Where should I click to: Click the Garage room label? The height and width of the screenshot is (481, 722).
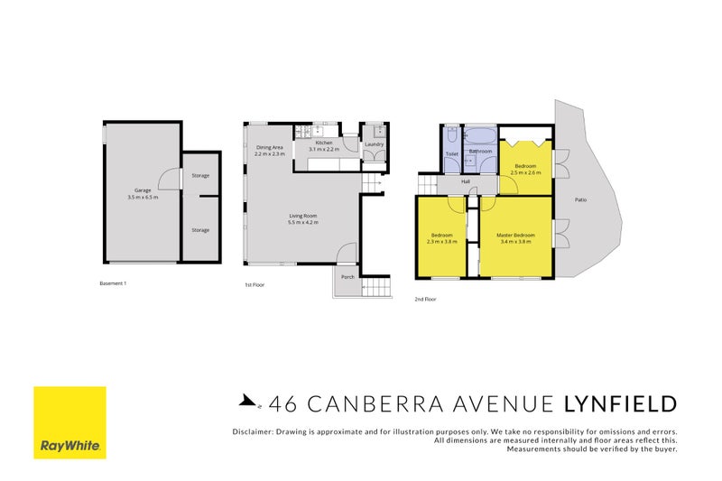point(143,190)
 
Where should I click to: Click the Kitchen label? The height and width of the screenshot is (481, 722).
point(324,143)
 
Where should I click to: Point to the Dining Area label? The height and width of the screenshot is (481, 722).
point(269,147)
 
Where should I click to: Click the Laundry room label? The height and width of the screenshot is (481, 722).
point(375,144)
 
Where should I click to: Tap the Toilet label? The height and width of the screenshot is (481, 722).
point(452,153)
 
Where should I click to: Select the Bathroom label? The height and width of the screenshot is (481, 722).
point(480,151)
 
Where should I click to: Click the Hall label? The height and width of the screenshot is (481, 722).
point(466,181)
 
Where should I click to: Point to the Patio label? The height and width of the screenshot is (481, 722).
point(584,201)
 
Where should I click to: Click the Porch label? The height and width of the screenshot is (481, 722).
point(347,278)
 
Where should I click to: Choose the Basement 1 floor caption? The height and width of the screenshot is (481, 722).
point(113,283)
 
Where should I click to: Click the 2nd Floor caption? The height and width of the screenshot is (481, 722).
point(425,298)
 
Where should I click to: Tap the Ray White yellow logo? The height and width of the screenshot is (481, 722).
point(69,422)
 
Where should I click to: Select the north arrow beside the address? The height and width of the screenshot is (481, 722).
point(246,403)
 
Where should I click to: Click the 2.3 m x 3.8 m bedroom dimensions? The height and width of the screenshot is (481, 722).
point(442,242)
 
